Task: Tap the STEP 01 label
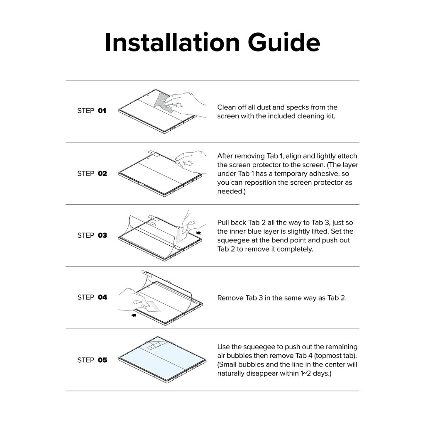coord(92,110)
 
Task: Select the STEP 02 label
coord(92,173)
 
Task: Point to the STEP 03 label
coord(92,235)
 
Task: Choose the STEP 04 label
coord(92,297)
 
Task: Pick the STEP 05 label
coord(92,360)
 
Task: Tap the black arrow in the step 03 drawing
coord(199,232)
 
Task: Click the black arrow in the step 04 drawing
coord(134,315)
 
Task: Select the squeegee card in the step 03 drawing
coord(181,235)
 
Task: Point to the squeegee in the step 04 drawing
coord(152,306)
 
